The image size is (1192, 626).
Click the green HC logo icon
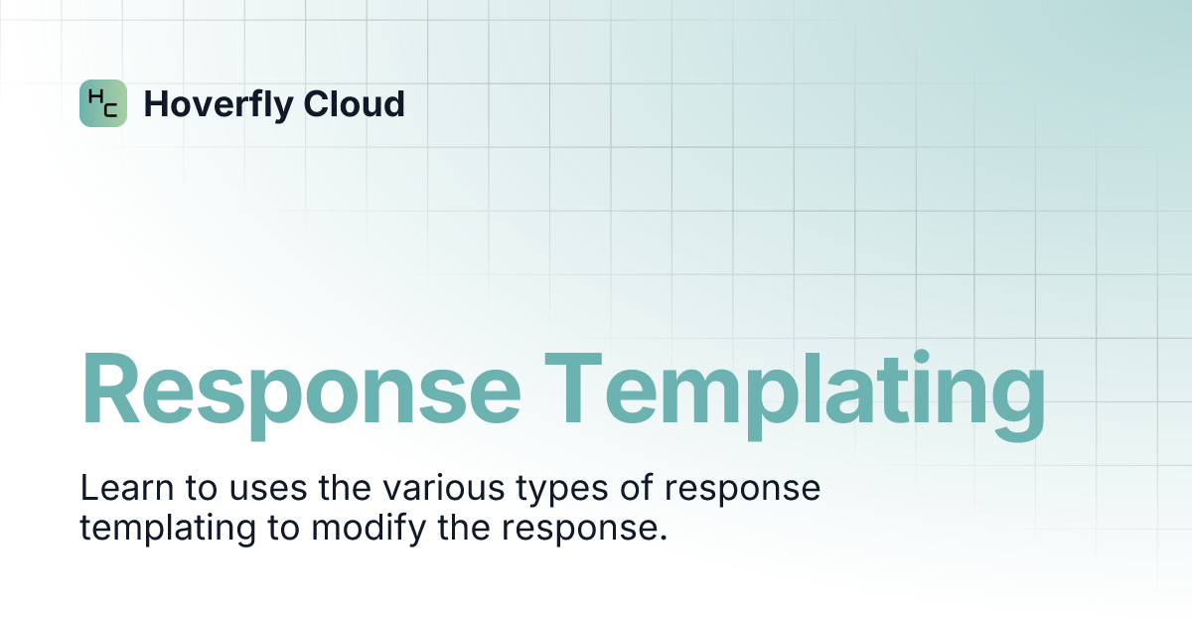(x=103, y=103)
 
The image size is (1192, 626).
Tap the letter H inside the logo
(x=96, y=96)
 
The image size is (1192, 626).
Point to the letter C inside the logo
(x=110, y=109)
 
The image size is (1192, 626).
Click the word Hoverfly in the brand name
(x=219, y=105)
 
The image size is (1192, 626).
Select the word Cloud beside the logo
(x=355, y=103)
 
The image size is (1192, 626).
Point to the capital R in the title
(x=110, y=388)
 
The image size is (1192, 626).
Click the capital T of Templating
(x=573, y=388)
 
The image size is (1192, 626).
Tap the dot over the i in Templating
(x=921, y=358)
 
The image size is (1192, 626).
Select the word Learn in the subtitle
(x=127, y=487)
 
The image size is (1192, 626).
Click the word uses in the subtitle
(x=268, y=491)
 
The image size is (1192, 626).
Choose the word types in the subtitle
(x=562, y=491)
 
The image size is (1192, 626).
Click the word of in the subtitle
(x=637, y=487)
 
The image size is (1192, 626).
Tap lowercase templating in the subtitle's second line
(x=168, y=530)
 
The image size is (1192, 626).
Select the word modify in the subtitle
(x=369, y=529)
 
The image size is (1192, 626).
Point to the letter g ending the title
(x=1017, y=405)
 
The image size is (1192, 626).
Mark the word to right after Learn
(x=202, y=488)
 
